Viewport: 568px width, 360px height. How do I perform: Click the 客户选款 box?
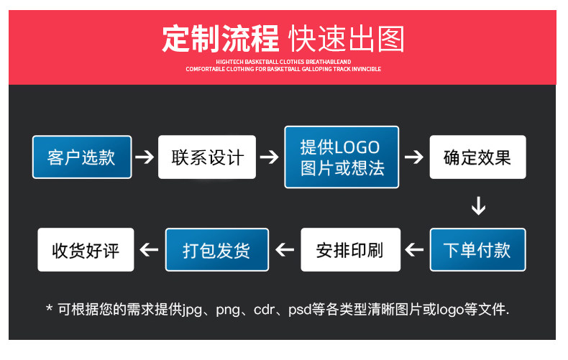click(x=82, y=157)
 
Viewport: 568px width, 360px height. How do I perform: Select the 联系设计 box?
click(x=207, y=157)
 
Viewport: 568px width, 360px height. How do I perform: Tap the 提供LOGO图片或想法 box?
click(x=342, y=157)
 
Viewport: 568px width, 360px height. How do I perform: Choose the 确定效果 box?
click(x=477, y=157)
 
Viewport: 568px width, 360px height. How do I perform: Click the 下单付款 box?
click(x=477, y=249)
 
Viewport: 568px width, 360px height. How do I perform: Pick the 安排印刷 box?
click(x=350, y=249)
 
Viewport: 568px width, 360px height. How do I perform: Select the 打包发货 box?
click(x=217, y=249)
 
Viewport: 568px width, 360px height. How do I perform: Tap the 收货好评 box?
click(x=86, y=249)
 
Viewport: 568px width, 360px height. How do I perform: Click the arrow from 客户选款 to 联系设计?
click(x=145, y=157)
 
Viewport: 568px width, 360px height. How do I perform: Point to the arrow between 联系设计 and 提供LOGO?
click(x=269, y=157)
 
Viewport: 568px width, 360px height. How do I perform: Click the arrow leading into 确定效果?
click(x=413, y=157)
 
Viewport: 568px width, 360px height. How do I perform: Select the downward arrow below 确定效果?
click(x=479, y=206)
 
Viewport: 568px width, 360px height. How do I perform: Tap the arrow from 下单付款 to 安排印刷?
click(x=414, y=249)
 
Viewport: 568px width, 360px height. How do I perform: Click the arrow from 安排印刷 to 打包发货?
click(x=285, y=249)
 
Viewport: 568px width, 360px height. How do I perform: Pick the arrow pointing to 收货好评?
click(x=149, y=249)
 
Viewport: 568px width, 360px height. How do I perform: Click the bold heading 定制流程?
click(x=220, y=38)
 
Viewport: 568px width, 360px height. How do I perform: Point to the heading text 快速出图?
click(x=347, y=39)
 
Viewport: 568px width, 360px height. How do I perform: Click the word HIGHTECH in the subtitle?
click(x=229, y=62)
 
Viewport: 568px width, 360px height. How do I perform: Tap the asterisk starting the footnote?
click(x=50, y=308)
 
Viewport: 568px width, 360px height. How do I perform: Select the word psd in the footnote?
click(x=300, y=310)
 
